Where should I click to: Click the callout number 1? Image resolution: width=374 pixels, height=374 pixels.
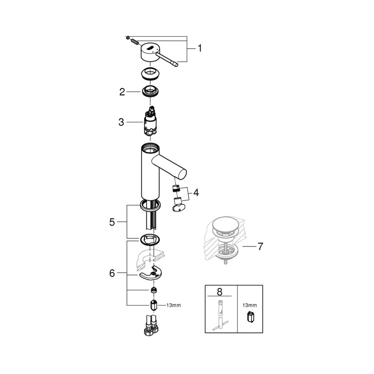coord(199,49)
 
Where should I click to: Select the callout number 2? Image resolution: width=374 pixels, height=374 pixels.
coord(122,92)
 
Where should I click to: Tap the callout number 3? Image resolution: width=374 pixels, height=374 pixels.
coord(121,122)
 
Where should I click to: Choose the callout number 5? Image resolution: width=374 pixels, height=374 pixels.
coord(112,222)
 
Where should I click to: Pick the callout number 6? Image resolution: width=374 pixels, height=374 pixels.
coord(112,273)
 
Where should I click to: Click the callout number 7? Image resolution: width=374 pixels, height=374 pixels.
coord(260,247)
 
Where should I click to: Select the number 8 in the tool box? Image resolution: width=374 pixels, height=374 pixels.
coord(220,291)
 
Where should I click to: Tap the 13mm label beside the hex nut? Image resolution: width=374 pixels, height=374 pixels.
coord(173,305)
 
